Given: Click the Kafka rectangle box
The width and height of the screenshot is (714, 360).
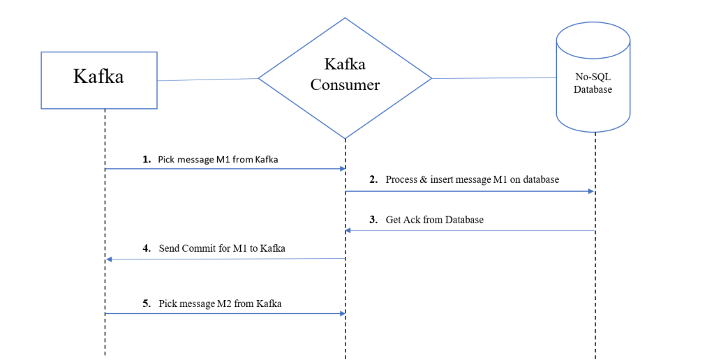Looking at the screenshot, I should [x=98, y=80].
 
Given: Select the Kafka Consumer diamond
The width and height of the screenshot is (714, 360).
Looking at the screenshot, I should [x=345, y=77].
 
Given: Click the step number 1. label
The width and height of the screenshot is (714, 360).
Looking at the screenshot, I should [x=147, y=160].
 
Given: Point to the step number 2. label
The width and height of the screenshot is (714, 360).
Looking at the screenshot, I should [x=374, y=179].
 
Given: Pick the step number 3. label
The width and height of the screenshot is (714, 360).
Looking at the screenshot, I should [x=374, y=220].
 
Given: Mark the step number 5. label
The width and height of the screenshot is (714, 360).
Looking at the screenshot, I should [x=147, y=303].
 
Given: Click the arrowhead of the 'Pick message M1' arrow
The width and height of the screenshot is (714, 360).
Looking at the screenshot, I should [x=342, y=169].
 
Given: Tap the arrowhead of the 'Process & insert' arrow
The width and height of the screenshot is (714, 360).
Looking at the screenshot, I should [x=592, y=190].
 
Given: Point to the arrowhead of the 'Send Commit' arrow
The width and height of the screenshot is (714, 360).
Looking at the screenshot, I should [x=109, y=260].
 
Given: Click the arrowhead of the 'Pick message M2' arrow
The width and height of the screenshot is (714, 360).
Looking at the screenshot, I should [x=342, y=314].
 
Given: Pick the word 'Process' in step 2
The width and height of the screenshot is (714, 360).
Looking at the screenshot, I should [x=401, y=179].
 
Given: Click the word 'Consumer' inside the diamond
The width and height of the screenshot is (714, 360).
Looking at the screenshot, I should [x=345, y=85].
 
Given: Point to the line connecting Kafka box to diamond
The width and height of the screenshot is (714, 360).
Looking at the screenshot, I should [x=208, y=80].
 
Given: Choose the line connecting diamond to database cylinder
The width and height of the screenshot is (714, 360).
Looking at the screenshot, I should [x=493, y=78].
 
